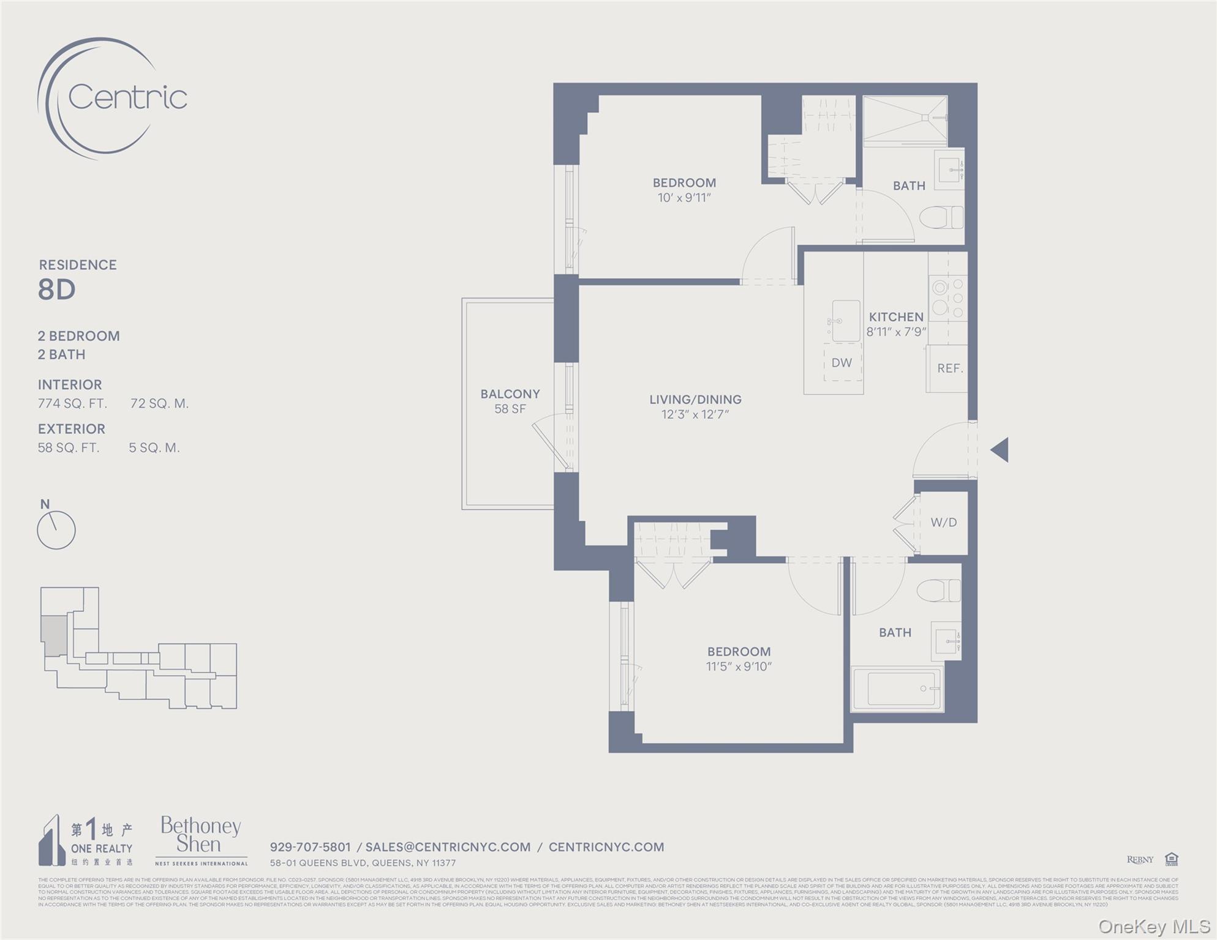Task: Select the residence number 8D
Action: click(57, 289)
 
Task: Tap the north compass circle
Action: click(56, 530)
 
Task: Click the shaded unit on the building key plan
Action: click(53, 636)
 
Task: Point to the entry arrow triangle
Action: click(1000, 450)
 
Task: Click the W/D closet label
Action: click(943, 523)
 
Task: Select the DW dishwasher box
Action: click(842, 363)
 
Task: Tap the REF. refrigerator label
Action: click(950, 368)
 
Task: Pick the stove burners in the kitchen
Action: click(948, 298)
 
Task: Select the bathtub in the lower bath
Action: click(904, 688)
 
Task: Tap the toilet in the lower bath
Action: click(938, 591)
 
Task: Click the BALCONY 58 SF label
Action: click(510, 401)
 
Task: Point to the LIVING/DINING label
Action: click(695, 400)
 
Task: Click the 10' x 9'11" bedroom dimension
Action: click(684, 198)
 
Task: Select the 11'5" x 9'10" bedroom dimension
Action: click(739, 666)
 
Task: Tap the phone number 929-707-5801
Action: click(311, 847)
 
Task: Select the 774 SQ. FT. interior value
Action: click(72, 403)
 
